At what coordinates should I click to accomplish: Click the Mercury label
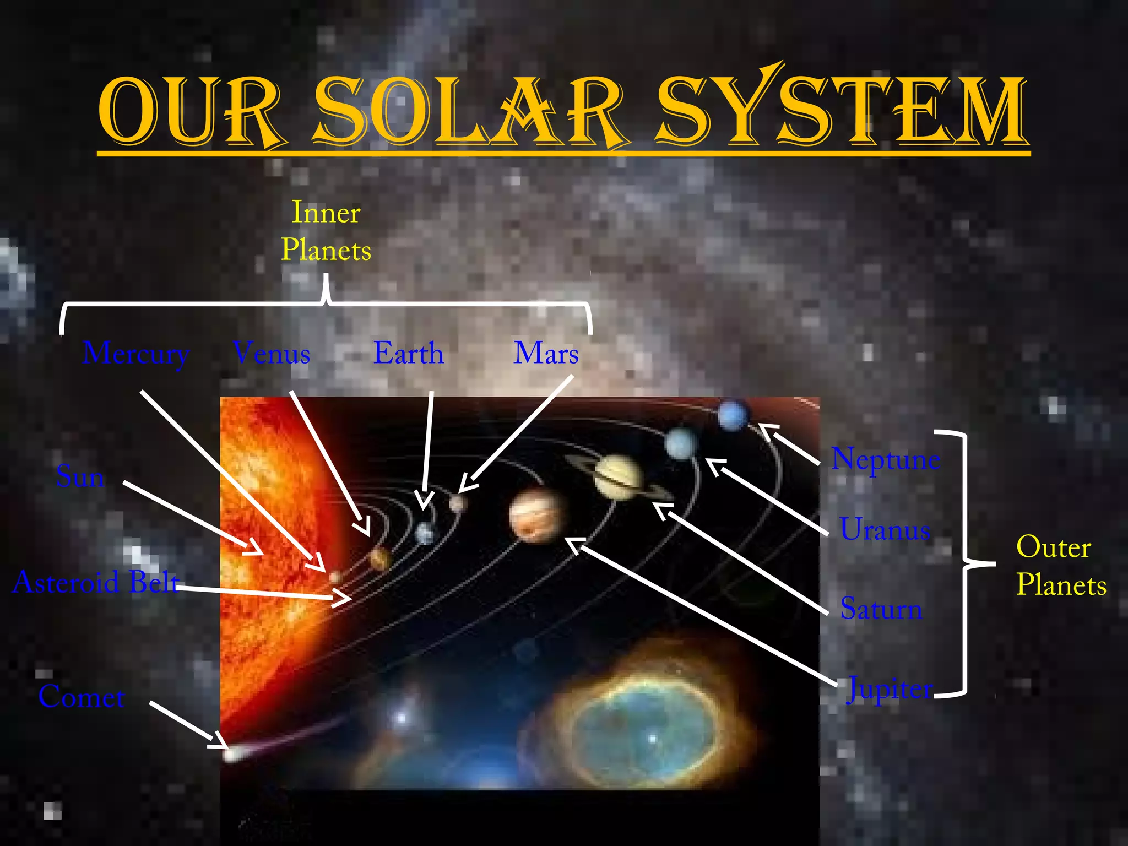point(136,354)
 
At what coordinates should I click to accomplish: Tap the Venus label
point(272,353)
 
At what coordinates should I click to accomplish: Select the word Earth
point(408,353)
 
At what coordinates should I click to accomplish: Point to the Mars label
point(546,353)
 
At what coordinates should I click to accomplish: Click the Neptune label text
point(885,459)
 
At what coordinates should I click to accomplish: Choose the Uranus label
point(885,529)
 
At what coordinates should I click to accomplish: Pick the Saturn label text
point(881,609)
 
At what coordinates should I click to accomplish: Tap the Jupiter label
point(890,689)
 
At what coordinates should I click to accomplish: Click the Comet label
point(82,697)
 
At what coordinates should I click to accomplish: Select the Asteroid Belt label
point(96,582)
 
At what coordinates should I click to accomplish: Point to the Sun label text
point(80,476)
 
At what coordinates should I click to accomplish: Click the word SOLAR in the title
point(468,112)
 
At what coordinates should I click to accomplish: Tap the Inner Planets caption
point(326,231)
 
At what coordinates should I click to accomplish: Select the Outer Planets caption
point(1061,566)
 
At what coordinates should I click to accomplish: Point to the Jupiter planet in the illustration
point(538,516)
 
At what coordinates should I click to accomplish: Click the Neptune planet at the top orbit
point(733,415)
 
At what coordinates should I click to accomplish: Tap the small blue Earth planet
point(425,533)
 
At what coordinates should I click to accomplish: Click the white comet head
point(231,753)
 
